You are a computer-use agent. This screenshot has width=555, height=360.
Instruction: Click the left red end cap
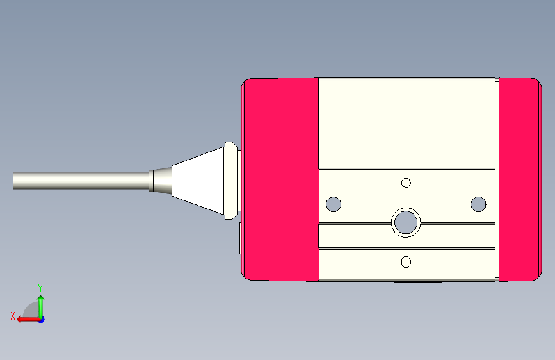click(280, 179)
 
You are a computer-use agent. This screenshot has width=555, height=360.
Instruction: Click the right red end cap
click(520, 179)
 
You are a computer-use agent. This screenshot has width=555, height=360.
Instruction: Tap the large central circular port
click(406, 222)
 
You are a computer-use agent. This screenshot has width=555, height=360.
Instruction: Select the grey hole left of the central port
click(334, 204)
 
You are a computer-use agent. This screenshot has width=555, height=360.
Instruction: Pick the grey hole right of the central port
click(478, 204)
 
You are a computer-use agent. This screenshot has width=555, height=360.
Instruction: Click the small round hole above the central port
click(406, 183)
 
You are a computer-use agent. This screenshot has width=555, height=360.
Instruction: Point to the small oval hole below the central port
click(406, 262)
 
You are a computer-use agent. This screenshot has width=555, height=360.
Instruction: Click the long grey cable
click(81, 181)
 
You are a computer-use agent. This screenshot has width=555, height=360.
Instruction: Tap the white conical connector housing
click(198, 181)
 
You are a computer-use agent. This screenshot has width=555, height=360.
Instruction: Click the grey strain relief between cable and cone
click(160, 181)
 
